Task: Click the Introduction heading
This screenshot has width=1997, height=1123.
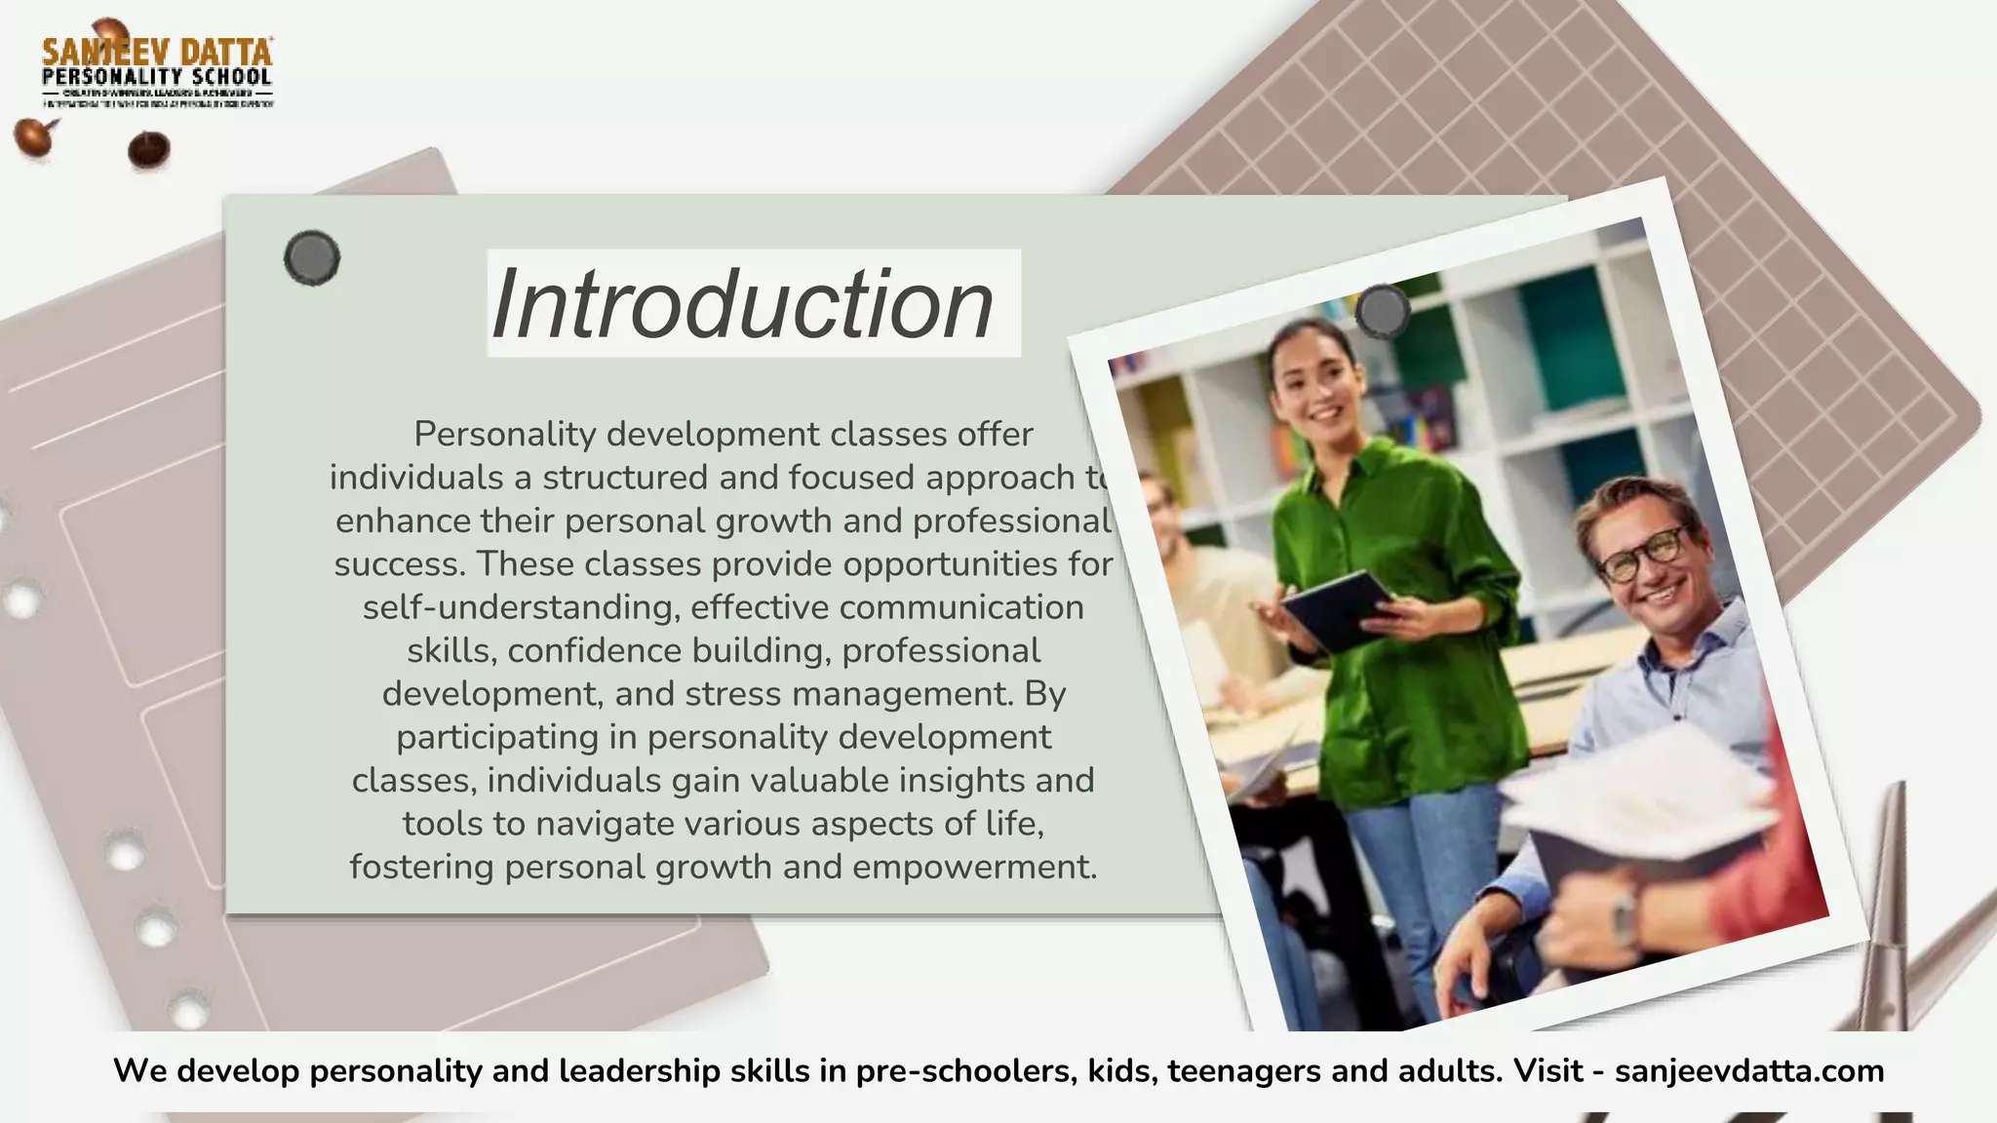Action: (x=743, y=304)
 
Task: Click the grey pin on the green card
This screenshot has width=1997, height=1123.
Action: (x=312, y=258)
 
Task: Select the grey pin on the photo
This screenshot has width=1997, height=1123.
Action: (x=1383, y=311)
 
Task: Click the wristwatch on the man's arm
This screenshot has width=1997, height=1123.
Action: (x=1624, y=916)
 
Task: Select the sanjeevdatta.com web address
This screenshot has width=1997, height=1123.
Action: (x=1749, y=1071)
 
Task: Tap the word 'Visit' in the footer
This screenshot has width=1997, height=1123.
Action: (x=1547, y=1071)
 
